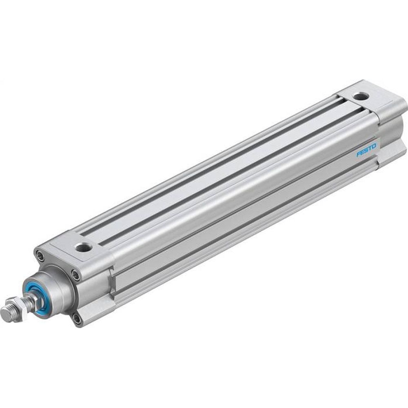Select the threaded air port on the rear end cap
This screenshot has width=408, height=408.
tap(360, 96)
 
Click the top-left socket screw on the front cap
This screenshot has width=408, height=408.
tap(40, 257)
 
